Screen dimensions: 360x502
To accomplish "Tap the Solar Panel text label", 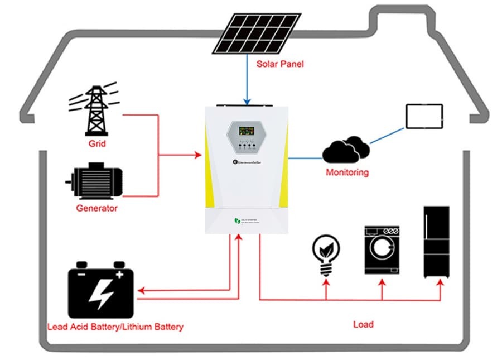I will pos(280,64).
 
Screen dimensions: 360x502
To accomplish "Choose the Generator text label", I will pos(96,208).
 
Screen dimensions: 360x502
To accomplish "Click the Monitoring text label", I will pos(347,172).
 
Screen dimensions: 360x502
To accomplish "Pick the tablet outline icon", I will pos(424,116).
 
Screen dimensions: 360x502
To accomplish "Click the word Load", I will pos(363,324).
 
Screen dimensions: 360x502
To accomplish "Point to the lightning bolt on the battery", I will pos(102,294).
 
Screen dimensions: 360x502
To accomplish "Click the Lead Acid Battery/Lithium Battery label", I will pos(115,327).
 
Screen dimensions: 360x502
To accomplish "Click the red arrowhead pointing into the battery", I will pos(142,291).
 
